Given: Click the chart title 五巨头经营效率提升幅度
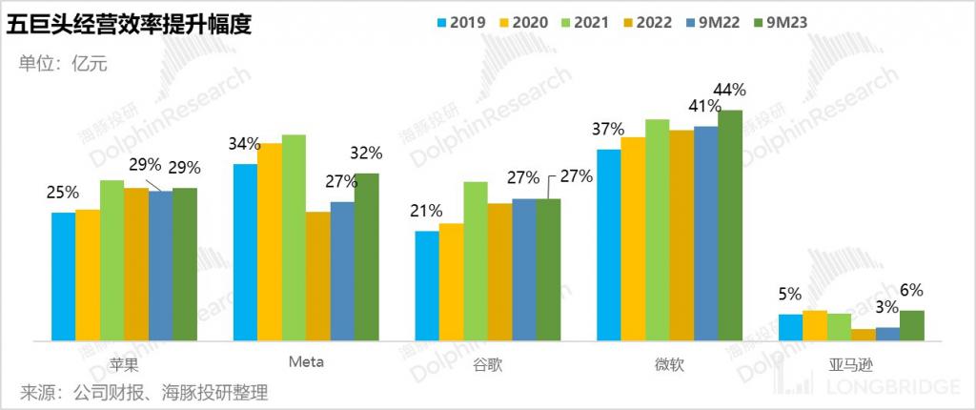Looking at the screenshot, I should coord(129,24).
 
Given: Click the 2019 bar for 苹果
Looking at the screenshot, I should coord(64,277).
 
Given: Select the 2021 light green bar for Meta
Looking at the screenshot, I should coord(294,237).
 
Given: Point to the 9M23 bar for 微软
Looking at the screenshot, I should coord(730,225).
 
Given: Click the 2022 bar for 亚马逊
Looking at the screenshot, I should coord(864,335).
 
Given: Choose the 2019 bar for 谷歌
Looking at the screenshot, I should coord(427,286).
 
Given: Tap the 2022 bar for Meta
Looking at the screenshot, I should coord(317,277).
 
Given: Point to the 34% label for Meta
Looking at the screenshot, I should coord(245,144).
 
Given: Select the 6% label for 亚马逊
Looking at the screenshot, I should coord(911,290).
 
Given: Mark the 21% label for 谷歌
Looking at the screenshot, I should coord(427,211).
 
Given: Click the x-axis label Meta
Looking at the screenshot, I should coord(306,362).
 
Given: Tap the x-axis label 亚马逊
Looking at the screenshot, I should coord(851,364).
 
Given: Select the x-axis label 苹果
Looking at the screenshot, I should coord(124,363).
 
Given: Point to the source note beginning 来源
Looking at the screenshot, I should coord(144,392).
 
